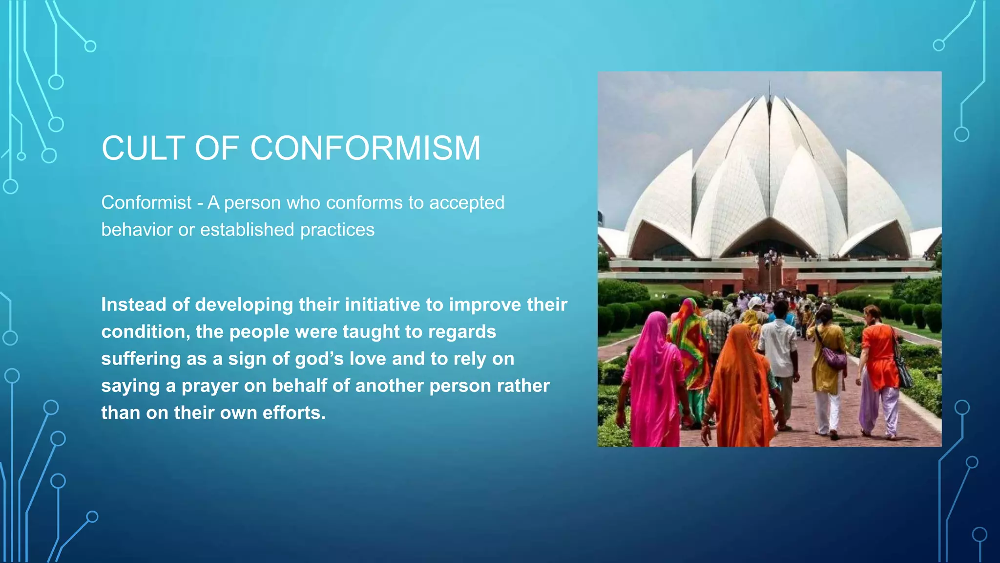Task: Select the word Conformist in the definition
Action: pyautogui.click(x=146, y=203)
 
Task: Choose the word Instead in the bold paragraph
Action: pyautogui.click(x=133, y=305)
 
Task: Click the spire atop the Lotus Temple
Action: pyautogui.click(x=770, y=90)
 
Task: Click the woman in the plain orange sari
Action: pyautogui.click(x=740, y=386)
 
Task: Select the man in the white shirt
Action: pyautogui.click(x=780, y=362)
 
